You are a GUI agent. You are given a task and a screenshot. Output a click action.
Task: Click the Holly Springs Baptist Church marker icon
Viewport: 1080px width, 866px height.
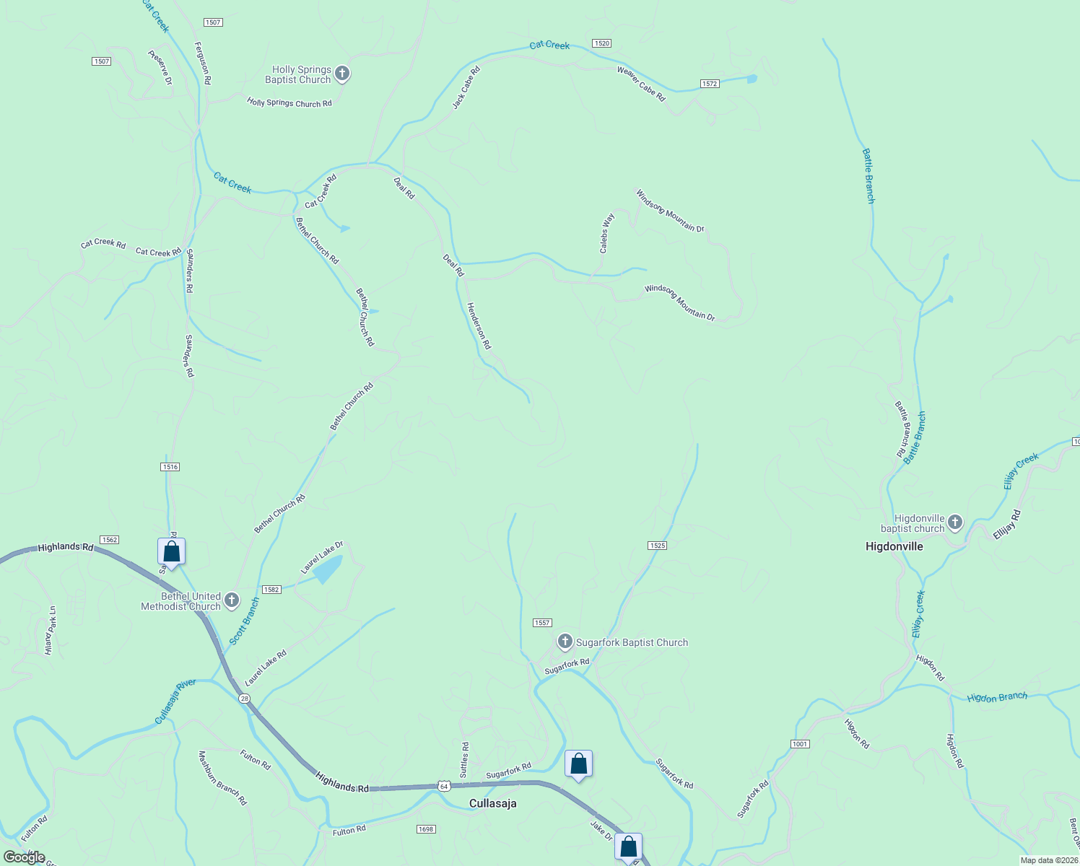pyautogui.click(x=342, y=74)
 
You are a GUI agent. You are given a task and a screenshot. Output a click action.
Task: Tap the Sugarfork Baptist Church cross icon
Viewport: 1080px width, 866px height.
pyautogui.click(x=565, y=641)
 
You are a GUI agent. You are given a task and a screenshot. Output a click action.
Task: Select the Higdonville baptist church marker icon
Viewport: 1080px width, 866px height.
pyautogui.click(x=954, y=522)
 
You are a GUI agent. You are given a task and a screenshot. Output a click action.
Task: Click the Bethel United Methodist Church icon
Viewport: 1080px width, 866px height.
pyautogui.click(x=232, y=600)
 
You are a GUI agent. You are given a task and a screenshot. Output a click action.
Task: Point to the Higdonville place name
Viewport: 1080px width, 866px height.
pyautogui.click(x=894, y=546)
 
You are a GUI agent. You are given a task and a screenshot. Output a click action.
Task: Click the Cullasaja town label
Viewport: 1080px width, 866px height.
pyautogui.click(x=493, y=803)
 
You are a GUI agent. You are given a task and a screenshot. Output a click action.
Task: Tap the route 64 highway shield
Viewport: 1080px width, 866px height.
pyautogui.click(x=444, y=785)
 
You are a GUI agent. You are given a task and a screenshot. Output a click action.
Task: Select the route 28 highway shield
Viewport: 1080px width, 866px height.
pyautogui.click(x=245, y=699)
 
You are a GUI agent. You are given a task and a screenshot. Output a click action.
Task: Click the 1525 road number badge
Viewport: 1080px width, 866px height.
pyautogui.click(x=657, y=546)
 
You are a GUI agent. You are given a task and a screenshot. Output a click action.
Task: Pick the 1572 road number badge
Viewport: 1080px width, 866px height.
pyautogui.click(x=709, y=84)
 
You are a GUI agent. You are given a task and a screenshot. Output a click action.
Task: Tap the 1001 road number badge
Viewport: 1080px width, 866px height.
pyautogui.click(x=800, y=744)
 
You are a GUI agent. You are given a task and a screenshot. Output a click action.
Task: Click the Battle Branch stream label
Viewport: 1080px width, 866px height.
pyautogui.click(x=868, y=175)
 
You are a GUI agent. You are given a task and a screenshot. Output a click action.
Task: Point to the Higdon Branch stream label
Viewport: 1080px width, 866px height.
pyautogui.click(x=997, y=697)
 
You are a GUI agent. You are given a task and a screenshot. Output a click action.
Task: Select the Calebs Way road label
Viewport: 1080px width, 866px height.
pyautogui.click(x=607, y=232)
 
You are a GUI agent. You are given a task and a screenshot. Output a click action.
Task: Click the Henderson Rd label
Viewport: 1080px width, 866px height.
pyautogui.click(x=479, y=326)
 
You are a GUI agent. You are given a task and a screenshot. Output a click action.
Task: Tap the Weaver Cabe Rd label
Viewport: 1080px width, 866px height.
pyautogui.click(x=641, y=84)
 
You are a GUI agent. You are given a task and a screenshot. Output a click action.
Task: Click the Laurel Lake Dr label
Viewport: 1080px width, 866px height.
pyautogui.click(x=321, y=557)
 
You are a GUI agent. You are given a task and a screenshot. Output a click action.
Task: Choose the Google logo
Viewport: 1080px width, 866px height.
pyautogui.click(x=25, y=857)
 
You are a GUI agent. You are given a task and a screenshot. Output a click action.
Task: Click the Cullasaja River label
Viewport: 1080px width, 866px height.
pyautogui.click(x=175, y=701)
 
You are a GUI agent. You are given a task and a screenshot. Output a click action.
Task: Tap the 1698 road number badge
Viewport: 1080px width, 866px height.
pyautogui.click(x=426, y=829)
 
